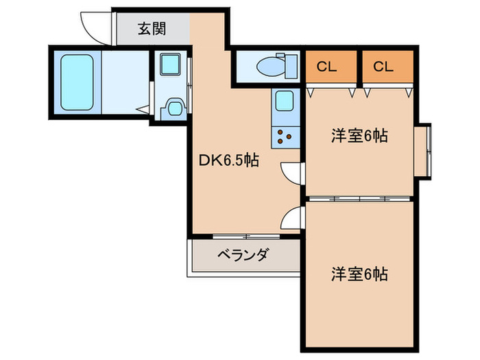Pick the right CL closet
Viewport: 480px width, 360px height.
[x=387, y=67]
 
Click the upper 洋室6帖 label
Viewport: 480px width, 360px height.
[x=359, y=136]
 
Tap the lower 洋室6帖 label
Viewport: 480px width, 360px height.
[x=359, y=274]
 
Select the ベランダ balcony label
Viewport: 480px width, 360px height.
[x=243, y=256]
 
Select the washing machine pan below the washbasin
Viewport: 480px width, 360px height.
[x=171, y=108]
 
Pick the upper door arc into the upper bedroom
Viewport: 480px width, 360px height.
[x=292, y=174]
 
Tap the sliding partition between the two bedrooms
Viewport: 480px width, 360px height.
[x=359, y=198]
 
